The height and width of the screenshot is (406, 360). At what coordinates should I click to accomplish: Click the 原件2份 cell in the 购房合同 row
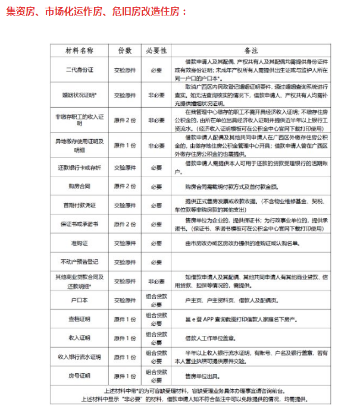click(x=125, y=186)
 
